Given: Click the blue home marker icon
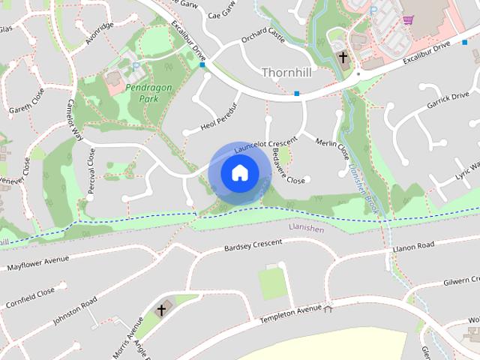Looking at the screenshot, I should click(x=239, y=173).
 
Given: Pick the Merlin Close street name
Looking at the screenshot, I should click(x=332, y=144).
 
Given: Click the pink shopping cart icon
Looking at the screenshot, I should click(x=409, y=20).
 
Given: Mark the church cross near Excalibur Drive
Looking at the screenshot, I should click(x=343, y=57).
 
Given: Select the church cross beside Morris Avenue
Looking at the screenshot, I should click(x=160, y=309).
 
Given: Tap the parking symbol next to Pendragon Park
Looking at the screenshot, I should click(x=136, y=66).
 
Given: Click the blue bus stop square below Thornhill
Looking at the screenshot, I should click(x=297, y=94).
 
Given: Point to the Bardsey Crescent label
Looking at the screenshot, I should click(x=253, y=245).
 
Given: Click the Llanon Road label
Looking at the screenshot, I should click(x=414, y=246).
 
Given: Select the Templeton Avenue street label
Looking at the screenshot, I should click(x=290, y=314).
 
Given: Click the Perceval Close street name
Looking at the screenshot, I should click(x=91, y=171).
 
